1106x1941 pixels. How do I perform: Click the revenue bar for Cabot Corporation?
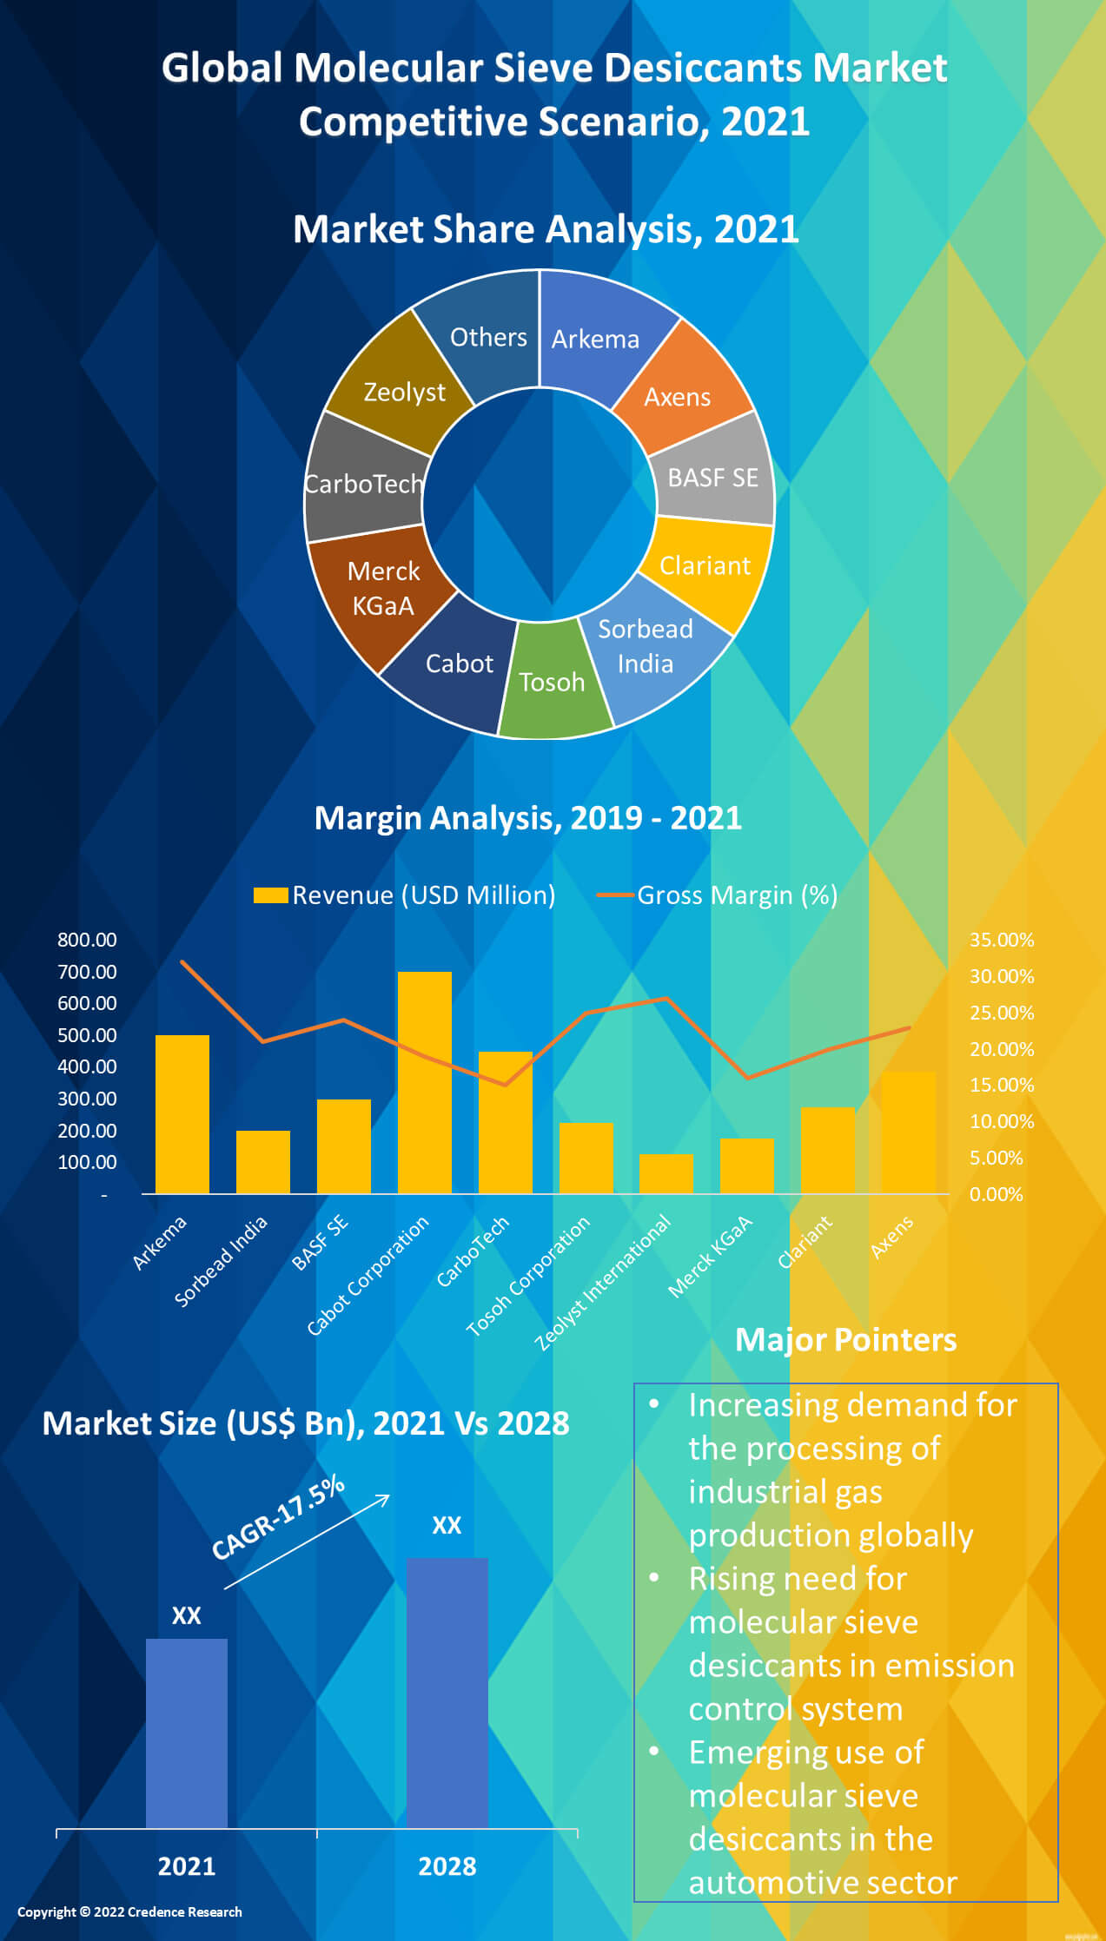pos(424,1082)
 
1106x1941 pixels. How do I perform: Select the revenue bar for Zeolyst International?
pos(666,1173)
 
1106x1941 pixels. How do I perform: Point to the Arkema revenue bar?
pos(182,1114)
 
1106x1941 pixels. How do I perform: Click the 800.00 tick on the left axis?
pos(87,940)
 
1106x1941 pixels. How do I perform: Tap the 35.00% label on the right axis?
pos(1001,940)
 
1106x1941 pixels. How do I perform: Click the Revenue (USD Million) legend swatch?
pos(270,895)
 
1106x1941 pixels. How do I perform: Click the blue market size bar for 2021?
pos(186,1733)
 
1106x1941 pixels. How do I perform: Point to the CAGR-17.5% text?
pos(278,1518)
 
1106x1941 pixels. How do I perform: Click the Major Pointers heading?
pos(845,1340)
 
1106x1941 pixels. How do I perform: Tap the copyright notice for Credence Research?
pos(129,1911)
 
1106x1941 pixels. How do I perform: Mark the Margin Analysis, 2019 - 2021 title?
pos(527,818)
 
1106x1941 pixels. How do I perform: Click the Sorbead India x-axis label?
pos(222,1262)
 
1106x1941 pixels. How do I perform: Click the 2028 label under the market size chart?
pos(447,1866)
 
